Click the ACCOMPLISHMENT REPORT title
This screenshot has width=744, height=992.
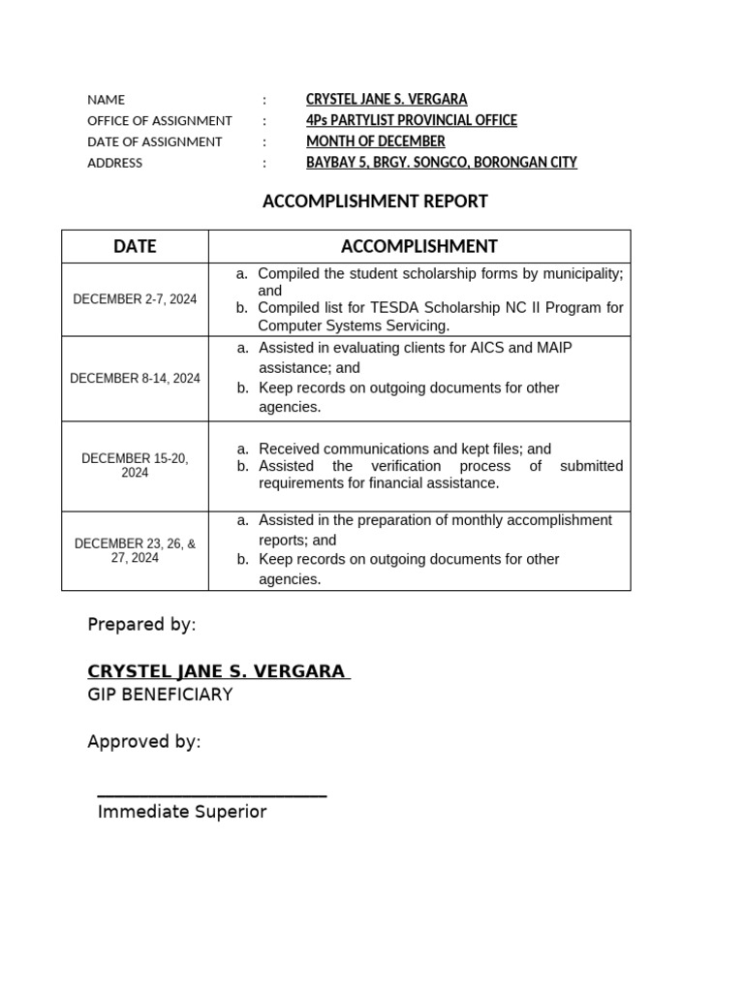coord(375,201)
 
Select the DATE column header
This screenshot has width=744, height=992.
coord(135,246)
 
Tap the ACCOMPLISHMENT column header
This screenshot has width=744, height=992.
coord(418,246)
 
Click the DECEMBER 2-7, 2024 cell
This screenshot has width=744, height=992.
coord(135,299)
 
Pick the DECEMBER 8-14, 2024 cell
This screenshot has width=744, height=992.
coord(135,378)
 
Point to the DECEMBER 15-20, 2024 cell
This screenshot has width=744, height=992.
coord(135,465)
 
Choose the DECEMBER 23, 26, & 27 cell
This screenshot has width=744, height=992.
coord(135,550)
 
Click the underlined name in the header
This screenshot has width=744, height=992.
coord(387,99)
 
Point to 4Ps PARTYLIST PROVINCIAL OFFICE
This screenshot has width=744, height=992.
coord(411,120)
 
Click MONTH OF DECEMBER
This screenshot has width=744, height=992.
coord(375,141)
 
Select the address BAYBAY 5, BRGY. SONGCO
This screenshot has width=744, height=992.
coord(441,163)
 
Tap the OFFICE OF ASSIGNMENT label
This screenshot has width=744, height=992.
coord(159,120)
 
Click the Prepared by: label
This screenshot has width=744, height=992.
coord(141,624)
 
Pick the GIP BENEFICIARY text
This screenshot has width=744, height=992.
coord(160,695)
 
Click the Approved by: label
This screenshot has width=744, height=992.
coord(144,742)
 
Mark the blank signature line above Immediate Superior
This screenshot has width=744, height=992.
coord(211,795)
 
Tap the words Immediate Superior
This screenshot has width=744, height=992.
coord(181,812)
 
